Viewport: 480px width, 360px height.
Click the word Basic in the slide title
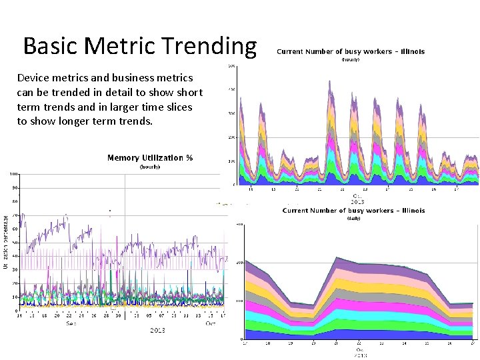tap(50, 46)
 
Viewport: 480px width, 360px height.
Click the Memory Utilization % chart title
tap(150, 158)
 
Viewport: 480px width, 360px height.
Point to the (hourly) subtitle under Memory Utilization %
tap(150, 167)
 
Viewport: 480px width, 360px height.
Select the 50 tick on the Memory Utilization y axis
tap(15, 243)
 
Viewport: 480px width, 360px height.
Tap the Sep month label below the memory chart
tap(70, 323)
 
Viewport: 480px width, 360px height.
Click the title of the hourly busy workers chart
tap(350, 51)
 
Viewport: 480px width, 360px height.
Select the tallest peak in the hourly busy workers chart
tap(330, 81)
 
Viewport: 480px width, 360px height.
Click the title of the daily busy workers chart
tap(353, 211)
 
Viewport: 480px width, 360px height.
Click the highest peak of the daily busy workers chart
tap(338, 258)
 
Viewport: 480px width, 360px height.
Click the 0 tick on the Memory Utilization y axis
tap(16, 311)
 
